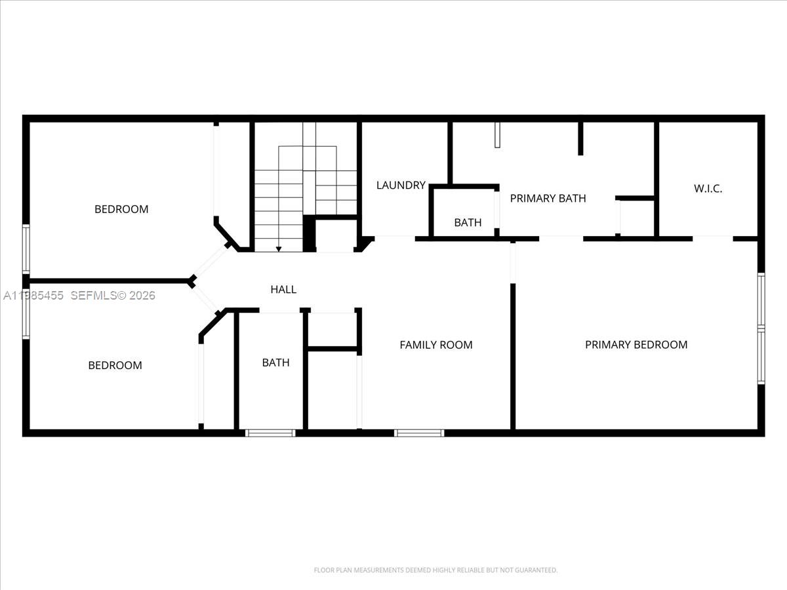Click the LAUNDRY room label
401,186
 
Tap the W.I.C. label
708,189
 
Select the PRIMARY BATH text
548,198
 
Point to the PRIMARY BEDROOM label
636,344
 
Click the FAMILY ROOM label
436,344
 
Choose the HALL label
283,289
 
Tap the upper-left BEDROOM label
121,209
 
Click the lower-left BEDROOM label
115,365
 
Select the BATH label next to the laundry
468,222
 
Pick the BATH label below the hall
275,362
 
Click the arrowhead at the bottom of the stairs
279,248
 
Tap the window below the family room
419,433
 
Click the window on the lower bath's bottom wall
270,433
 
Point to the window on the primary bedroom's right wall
761,328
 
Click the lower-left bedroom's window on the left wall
26,313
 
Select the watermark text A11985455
33,296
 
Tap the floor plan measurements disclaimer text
435,570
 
